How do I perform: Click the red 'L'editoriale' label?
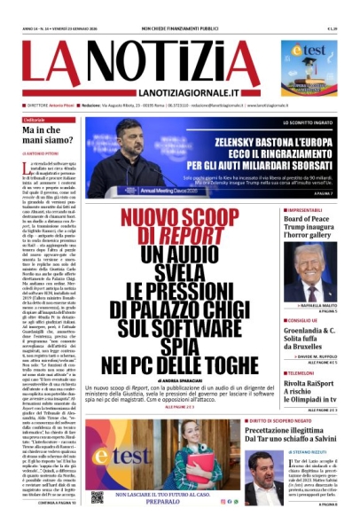click(35, 119)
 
